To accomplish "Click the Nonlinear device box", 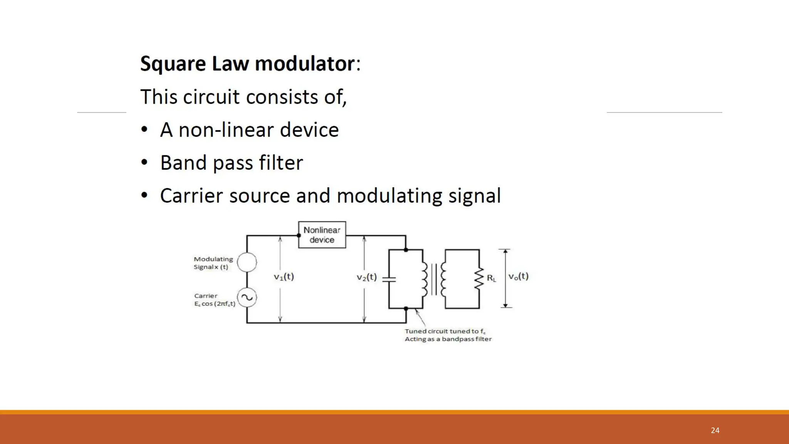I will click(322, 235).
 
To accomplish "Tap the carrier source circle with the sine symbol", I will click(247, 297).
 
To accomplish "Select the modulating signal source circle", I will click(247, 262).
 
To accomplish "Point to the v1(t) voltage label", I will click(284, 277).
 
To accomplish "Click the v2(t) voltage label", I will click(366, 277).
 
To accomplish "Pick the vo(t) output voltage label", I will click(518, 276).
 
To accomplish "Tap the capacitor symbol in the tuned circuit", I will click(389, 279).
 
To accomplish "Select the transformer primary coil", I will click(424, 279).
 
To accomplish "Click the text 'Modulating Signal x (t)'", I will click(213, 263).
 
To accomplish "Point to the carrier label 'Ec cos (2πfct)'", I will click(215, 304).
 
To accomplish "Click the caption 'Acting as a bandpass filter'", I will click(448, 339).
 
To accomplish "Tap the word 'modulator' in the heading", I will click(304, 64).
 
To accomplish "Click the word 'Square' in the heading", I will click(173, 64).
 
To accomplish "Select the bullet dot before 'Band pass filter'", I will click(144, 163).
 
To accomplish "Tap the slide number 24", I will click(715, 430).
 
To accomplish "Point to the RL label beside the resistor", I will click(491, 278).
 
